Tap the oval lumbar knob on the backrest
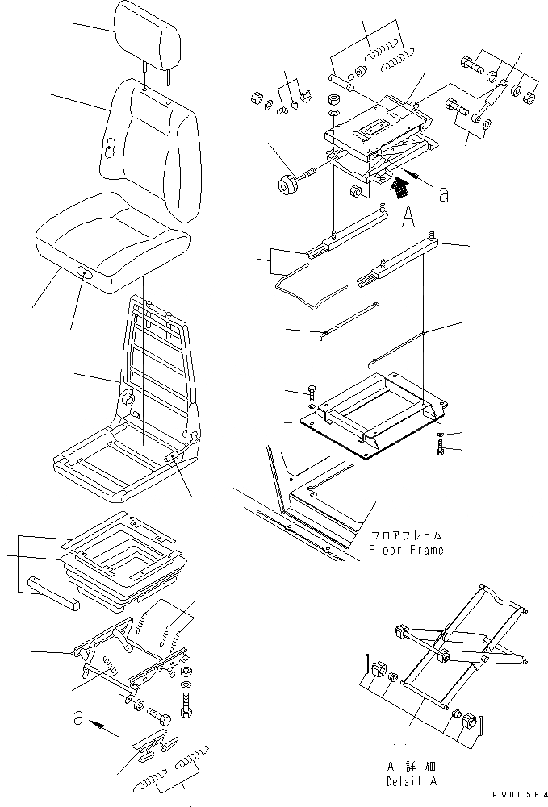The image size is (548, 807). (111, 147)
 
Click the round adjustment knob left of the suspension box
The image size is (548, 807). (288, 186)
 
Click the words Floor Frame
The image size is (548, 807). (406, 551)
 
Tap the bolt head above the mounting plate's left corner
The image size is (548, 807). (312, 392)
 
